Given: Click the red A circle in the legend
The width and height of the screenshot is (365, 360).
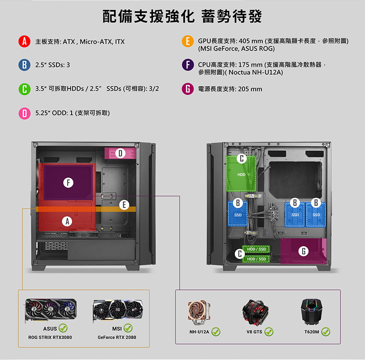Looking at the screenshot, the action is (25, 41).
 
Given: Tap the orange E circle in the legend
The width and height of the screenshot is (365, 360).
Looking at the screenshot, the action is (188, 41).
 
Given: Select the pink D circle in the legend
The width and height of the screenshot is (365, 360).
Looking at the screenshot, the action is (25, 113).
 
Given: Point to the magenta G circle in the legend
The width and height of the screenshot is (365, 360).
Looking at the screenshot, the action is (188, 89).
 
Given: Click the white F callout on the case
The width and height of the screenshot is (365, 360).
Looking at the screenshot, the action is (68, 183).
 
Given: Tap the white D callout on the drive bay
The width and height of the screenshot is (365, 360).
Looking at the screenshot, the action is (120, 153).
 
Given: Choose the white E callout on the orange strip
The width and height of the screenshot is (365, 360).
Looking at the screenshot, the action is (124, 205).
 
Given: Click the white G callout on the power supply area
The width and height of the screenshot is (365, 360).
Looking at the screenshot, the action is (303, 251).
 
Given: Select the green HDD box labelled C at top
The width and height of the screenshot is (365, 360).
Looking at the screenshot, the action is (241, 174).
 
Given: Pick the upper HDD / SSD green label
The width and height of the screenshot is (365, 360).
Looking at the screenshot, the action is (256, 249).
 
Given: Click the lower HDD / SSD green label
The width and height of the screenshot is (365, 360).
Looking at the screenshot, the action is (256, 259).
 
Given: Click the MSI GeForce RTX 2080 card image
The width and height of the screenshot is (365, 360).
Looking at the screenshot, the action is (118, 310).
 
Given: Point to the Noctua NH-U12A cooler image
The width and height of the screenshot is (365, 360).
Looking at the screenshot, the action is (199, 313).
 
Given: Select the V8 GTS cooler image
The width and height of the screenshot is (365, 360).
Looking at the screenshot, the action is (255, 312).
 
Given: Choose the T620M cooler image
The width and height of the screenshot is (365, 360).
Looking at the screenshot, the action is (312, 312).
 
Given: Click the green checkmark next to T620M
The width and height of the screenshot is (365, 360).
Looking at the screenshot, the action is (326, 332).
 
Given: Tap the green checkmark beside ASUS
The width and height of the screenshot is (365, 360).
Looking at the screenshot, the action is (63, 328).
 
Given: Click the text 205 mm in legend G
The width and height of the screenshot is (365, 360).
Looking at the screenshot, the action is (250, 89).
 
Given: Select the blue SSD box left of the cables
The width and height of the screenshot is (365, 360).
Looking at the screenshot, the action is (238, 213).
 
